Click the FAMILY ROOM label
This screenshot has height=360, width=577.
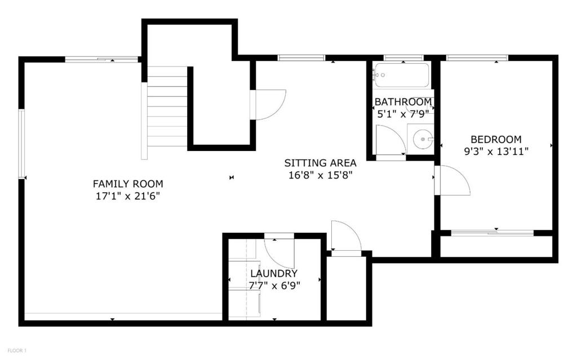click(x=128, y=184)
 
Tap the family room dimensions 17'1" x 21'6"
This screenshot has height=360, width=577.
click(x=128, y=196)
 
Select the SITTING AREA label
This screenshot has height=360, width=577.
click(x=320, y=163)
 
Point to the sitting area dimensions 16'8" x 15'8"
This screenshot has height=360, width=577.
click(x=320, y=175)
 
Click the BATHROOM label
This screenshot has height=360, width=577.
click(x=403, y=101)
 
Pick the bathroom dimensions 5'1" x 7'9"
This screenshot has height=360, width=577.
click(x=403, y=114)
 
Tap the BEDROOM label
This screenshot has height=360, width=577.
click(x=496, y=140)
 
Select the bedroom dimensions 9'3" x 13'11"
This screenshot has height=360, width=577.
click(x=496, y=152)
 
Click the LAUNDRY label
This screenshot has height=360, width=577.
click(x=274, y=273)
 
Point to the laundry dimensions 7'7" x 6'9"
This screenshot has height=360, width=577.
click(x=274, y=286)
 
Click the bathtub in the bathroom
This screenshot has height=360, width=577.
click(x=401, y=75)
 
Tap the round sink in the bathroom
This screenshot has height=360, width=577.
click(x=422, y=139)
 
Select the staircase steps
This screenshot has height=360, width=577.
click(x=167, y=106)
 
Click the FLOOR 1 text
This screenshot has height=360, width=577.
click(x=17, y=350)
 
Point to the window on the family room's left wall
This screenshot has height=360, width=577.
click(x=21, y=144)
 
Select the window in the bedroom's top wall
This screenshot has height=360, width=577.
click(x=477, y=58)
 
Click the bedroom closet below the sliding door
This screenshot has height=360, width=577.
click(x=496, y=246)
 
